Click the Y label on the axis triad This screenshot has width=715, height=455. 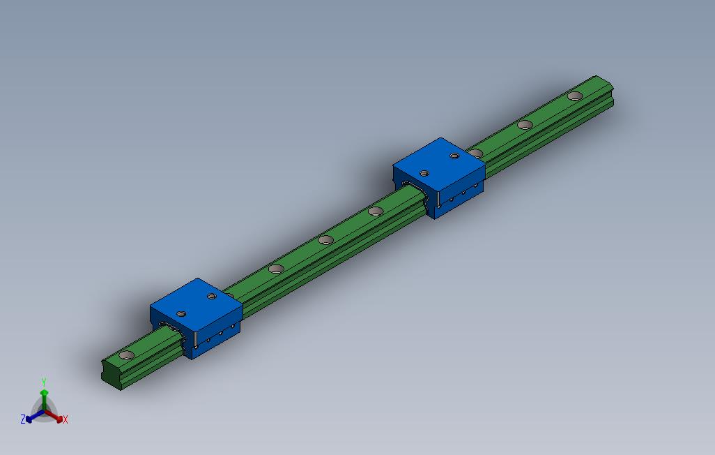coord(44,382)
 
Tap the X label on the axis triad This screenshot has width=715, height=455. coord(66,419)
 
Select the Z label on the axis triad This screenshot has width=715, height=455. coord(23,419)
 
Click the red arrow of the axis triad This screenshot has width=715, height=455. coord(54,416)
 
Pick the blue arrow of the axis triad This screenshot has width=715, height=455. coord(35,416)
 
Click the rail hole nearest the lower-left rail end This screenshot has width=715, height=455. coord(127,355)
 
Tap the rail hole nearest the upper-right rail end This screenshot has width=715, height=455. coord(575,96)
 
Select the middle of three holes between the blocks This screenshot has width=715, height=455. coord(325,240)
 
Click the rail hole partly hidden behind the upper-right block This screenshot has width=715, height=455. coord(476,153)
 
